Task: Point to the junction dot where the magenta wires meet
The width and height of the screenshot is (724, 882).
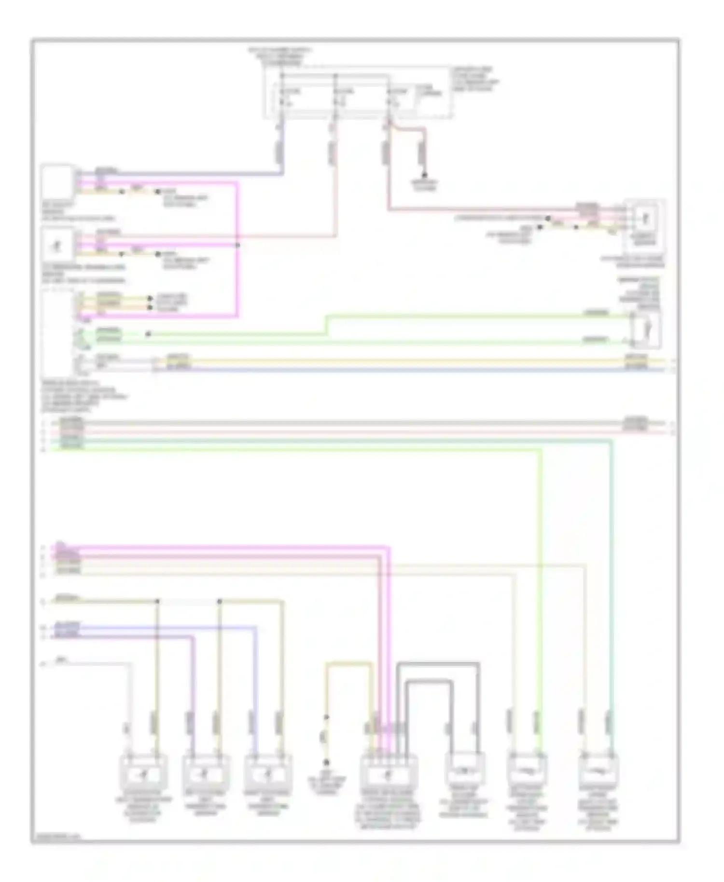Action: point(237,245)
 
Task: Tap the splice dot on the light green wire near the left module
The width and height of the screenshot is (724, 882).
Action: point(148,334)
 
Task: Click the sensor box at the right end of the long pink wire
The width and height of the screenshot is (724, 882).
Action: point(645,220)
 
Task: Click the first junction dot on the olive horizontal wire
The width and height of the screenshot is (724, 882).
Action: point(157,601)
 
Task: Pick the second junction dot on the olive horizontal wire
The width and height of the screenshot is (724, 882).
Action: point(219,601)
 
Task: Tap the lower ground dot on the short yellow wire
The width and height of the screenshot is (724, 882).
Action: point(326,762)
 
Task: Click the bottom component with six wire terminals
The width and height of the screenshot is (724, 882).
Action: point(389,772)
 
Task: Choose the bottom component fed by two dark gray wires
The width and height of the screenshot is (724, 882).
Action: point(464,768)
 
